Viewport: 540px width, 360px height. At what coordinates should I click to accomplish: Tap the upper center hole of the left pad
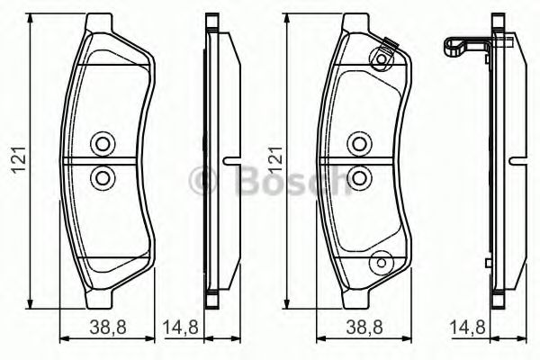click(101, 143)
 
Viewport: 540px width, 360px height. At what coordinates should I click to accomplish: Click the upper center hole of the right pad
click(358, 142)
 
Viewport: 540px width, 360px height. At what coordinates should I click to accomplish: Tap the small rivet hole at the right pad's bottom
click(381, 262)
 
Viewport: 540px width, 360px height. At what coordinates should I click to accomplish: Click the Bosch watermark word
click(288, 183)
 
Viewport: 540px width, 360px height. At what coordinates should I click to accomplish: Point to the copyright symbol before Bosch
click(205, 183)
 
